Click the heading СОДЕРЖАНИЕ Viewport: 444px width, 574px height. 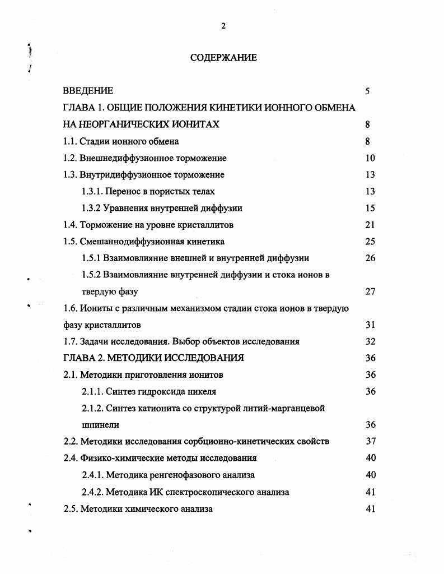(x=223, y=57)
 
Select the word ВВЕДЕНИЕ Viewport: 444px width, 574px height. (x=88, y=91)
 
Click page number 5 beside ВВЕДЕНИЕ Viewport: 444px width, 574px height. (x=367, y=91)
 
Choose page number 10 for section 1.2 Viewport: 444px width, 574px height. (x=370, y=158)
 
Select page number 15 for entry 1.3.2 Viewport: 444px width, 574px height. (x=370, y=208)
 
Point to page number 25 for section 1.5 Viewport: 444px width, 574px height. (x=370, y=242)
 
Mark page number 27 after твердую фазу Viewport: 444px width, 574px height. (x=370, y=291)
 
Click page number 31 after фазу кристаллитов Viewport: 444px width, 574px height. (x=370, y=325)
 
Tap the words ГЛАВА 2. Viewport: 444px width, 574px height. (x=84, y=358)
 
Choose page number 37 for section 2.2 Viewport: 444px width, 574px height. (x=370, y=441)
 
